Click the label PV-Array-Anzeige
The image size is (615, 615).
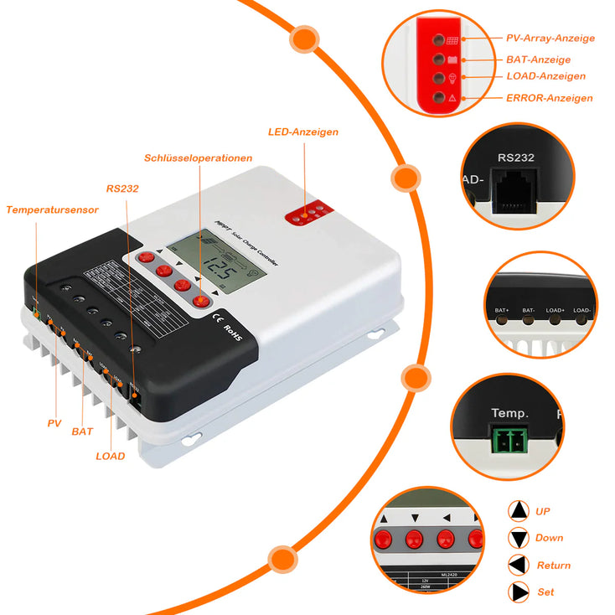coord(550,39)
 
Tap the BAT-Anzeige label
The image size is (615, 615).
coord(538,60)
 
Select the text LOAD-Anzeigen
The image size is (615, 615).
coord(545,77)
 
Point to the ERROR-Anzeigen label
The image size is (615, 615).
coord(549,98)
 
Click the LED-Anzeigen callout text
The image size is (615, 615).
coord(303,132)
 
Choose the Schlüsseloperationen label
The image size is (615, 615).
coord(198,158)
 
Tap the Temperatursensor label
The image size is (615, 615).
coord(52,209)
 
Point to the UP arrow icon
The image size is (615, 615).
coord(519,510)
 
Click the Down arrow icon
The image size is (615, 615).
coord(519,538)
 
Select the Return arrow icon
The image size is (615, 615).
coord(519,565)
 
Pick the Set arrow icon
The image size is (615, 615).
coord(519,592)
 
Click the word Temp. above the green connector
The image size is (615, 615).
coord(509,414)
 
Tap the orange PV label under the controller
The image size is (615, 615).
coord(55,423)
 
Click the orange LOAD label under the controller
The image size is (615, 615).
coord(110,457)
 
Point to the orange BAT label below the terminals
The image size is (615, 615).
coord(82,432)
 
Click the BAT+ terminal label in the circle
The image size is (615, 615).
coord(502,311)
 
